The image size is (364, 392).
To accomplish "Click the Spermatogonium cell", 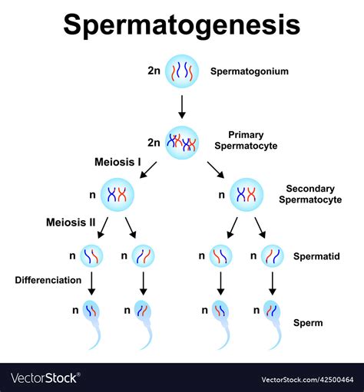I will (x=182, y=71).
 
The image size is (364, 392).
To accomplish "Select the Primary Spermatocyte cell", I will (x=182, y=142).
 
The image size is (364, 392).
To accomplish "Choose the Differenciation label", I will (x=48, y=280).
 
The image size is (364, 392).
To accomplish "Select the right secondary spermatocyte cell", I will (x=246, y=195).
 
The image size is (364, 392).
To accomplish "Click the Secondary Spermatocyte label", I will (x=312, y=194).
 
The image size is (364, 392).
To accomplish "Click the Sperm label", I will (x=307, y=323).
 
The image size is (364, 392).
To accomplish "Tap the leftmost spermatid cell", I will (x=92, y=255).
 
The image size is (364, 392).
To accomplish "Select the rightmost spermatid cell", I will (x=273, y=255).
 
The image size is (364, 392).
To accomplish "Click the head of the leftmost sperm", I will (x=92, y=311).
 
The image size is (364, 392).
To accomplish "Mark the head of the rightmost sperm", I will (x=273, y=311).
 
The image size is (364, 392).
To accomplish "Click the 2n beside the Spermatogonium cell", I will (x=154, y=71).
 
